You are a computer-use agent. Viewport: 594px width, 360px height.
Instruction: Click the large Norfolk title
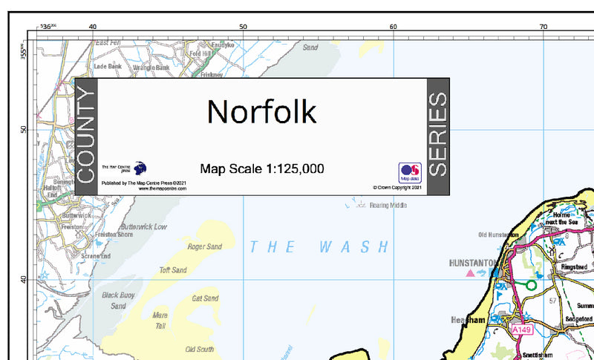tap(261, 111)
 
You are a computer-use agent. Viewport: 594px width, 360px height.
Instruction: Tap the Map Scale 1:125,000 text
tap(261, 168)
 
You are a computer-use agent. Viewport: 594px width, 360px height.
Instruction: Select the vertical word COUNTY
tap(86, 136)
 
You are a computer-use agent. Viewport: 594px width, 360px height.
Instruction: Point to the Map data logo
tap(410, 172)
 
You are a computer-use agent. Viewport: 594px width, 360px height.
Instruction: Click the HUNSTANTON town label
tap(475, 263)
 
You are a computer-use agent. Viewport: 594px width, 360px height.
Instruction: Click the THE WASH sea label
tap(319, 247)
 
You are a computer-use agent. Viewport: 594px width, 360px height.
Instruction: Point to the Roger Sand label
tap(205, 246)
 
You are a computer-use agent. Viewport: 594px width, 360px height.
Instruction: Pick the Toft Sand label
tap(173, 270)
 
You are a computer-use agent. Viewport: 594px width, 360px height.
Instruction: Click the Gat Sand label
tap(205, 298)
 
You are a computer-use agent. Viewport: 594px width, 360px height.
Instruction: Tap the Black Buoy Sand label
tap(118, 300)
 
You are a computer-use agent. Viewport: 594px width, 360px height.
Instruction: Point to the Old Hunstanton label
tap(498, 235)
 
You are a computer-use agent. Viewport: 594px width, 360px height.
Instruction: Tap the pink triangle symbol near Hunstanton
tap(469, 273)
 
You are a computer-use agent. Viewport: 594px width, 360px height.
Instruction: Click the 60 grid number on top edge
tap(393, 27)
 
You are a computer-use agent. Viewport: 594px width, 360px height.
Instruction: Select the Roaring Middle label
tap(388, 206)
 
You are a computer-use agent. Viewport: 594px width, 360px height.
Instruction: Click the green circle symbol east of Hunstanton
tap(531, 284)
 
